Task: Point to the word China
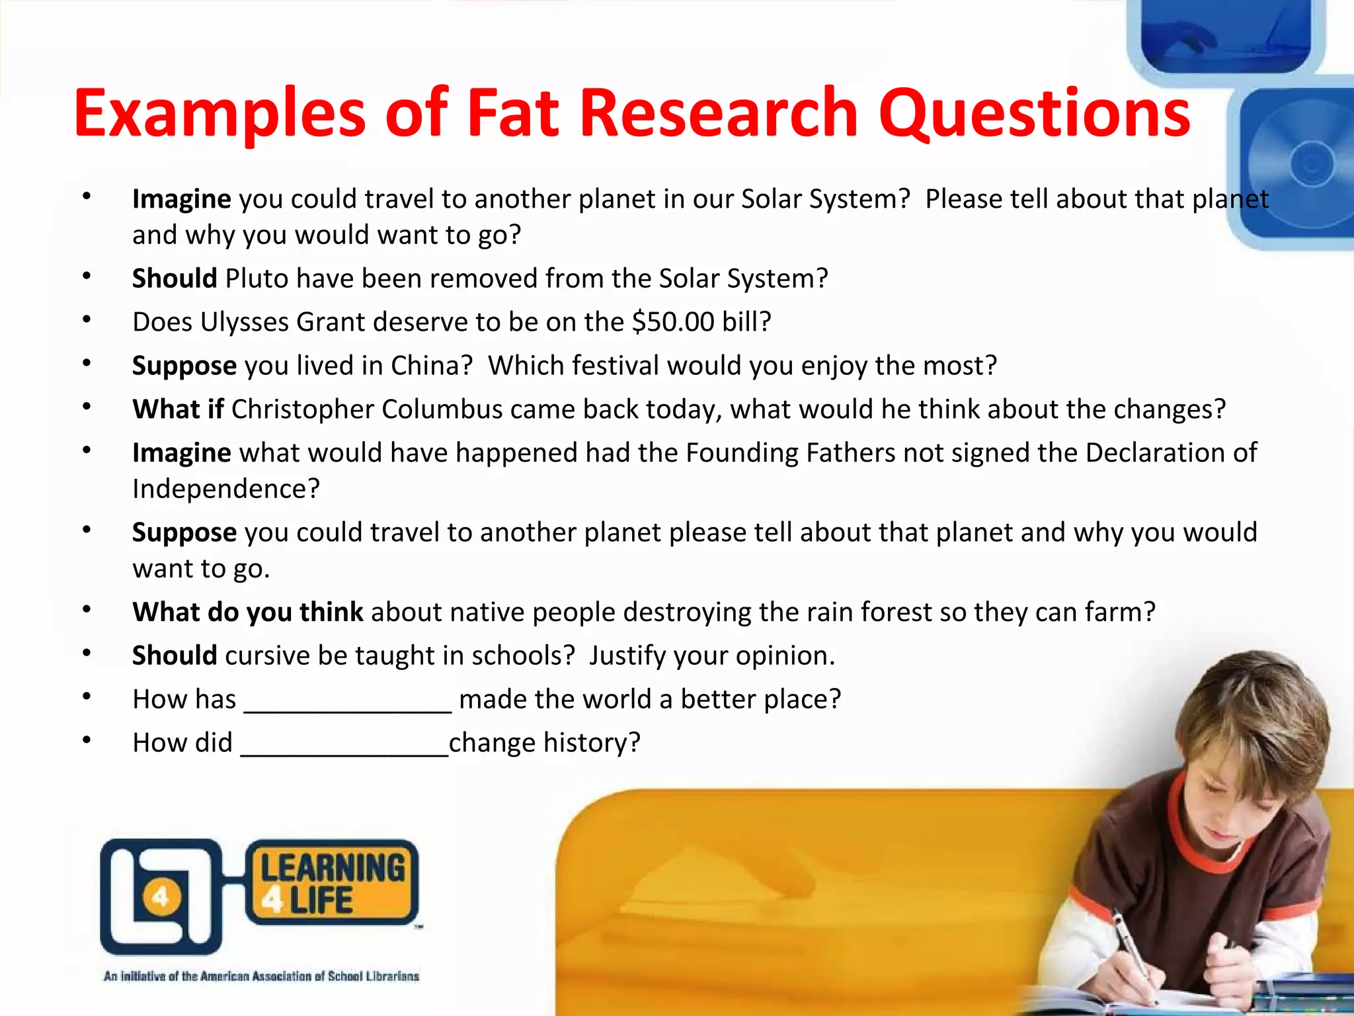(x=432, y=366)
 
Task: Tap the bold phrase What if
(x=178, y=409)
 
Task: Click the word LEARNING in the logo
(x=333, y=868)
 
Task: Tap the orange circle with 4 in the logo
(x=160, y=898)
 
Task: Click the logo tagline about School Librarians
(x=261, y=976)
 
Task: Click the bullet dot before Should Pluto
(x=87, y=276)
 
